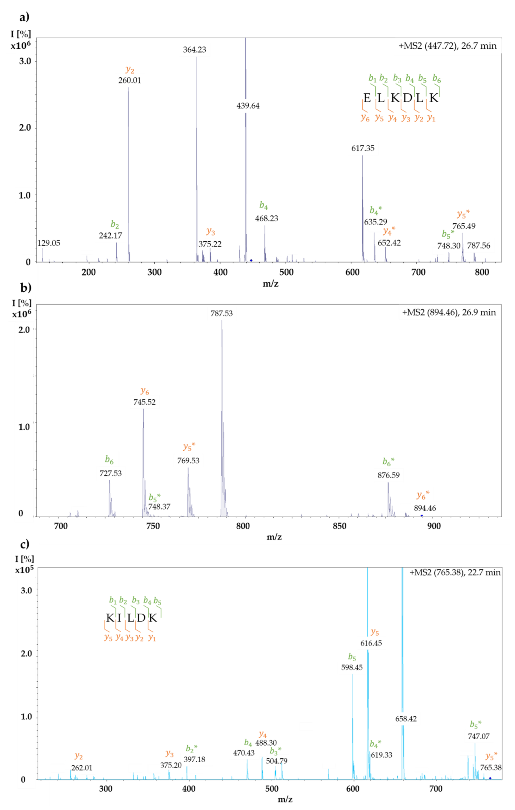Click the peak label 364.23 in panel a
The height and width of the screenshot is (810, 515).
point(194,50)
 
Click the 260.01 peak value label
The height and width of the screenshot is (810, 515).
point(129,80)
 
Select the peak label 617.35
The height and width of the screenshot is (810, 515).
point(363,148)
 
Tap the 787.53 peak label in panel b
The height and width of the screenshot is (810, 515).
point(221,314)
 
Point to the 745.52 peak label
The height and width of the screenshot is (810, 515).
point(144,402)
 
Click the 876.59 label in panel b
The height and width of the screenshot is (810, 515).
point(388,475)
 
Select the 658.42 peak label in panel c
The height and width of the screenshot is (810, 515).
point(406,719)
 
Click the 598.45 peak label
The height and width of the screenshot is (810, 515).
point(352,668)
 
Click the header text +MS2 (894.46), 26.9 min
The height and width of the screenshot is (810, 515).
point(449,313)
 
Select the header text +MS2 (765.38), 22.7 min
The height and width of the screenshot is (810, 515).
point(455,573)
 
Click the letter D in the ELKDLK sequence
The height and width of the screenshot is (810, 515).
point(407,98)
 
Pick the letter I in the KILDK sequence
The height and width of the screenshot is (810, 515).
point(119,618)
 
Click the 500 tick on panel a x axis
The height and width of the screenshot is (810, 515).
point(286,272)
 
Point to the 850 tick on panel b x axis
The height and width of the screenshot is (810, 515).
point(339,526)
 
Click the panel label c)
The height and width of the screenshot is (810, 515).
point(24,544)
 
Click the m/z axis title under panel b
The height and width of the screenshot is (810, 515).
point(274,537)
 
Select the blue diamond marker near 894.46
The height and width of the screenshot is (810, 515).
point(422,516)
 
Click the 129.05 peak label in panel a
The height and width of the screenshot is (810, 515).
point(48,243)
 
